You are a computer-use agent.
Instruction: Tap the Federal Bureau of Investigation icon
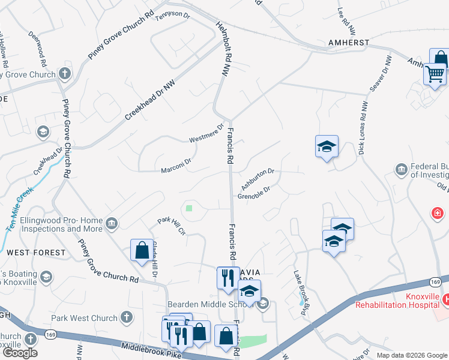(401, 170)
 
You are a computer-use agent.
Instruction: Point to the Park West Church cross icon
(126, 316)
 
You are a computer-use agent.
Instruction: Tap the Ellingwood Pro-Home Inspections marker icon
(111, 224)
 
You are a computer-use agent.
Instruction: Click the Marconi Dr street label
(176, 166)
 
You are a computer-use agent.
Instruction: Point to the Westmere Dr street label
(206, 133)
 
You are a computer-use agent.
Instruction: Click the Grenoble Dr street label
(254, 193)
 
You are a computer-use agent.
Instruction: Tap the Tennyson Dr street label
(173, 16)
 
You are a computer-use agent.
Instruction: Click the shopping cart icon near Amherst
(434, 74)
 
